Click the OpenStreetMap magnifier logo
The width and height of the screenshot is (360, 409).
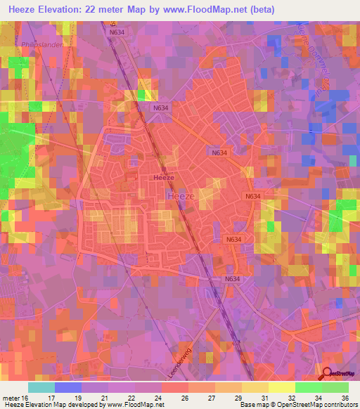click(327, 375)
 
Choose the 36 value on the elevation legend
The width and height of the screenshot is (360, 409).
click(346, 397)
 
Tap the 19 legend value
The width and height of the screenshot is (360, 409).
click(88, 397)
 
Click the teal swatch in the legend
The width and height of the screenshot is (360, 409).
click(41, 387)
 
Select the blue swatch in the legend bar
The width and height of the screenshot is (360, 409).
click(67, 387)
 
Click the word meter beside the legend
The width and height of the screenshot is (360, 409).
click(11, 397)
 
